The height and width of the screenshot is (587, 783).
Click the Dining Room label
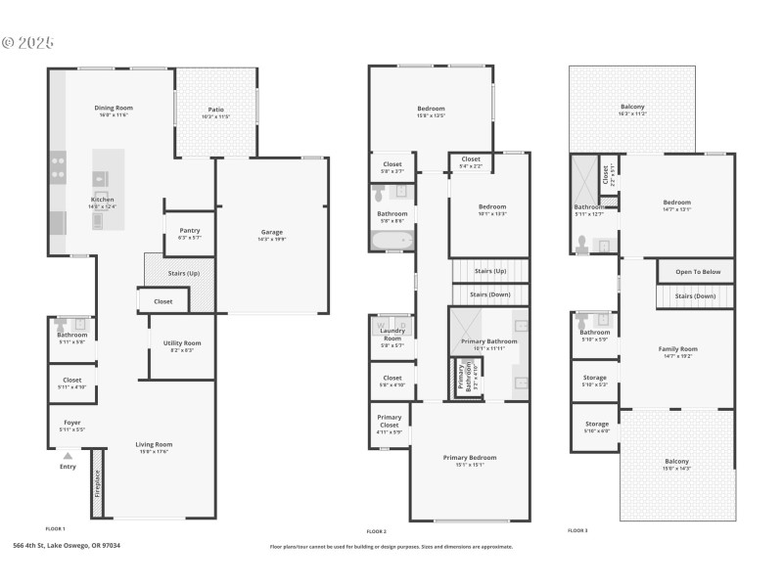114,108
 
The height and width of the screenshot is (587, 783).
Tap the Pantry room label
190,230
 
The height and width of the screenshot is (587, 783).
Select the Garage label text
271,233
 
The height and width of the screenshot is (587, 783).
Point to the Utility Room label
182,342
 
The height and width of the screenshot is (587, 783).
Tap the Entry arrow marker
68,455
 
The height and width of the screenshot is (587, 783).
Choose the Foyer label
71,423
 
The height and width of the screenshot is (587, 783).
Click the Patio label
216,110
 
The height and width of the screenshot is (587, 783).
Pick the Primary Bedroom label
469,457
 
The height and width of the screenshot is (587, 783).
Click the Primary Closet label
390,421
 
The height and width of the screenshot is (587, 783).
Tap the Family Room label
677,348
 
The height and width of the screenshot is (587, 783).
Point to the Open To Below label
698,272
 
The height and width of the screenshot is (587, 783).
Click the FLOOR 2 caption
377,530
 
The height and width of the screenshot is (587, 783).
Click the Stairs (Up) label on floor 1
183,274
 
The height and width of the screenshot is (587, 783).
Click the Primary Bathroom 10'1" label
488,341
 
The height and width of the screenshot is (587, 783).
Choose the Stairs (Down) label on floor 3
695,295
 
